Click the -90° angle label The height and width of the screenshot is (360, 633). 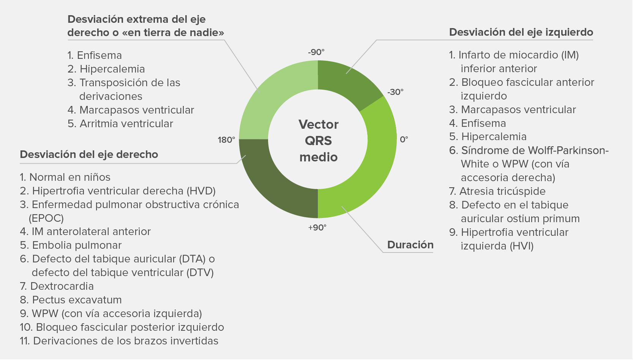click(316, 52)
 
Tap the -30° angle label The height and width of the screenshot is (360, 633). click(395, 92)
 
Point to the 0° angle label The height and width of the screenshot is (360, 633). click(404, 139)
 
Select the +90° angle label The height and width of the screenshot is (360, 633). click(317, 227)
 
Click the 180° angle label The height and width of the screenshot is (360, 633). click(226, 140)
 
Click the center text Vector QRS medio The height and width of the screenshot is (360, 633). click(319, 141)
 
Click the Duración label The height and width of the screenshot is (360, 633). click(410, 245)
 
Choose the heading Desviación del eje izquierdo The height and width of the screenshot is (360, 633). click(521, 32)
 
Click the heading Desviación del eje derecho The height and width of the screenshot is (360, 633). click(89, 155)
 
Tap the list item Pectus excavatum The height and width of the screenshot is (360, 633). click(71, 300)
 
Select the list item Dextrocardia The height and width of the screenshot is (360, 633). click(57, 286)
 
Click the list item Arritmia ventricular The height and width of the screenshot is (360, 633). click(120, 124)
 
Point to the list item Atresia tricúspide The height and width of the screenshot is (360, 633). click(497, 191)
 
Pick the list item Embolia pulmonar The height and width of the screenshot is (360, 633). click(71, 245)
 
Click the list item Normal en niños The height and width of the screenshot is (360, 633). click(65, 177)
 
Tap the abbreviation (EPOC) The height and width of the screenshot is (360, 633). click(46, 218)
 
